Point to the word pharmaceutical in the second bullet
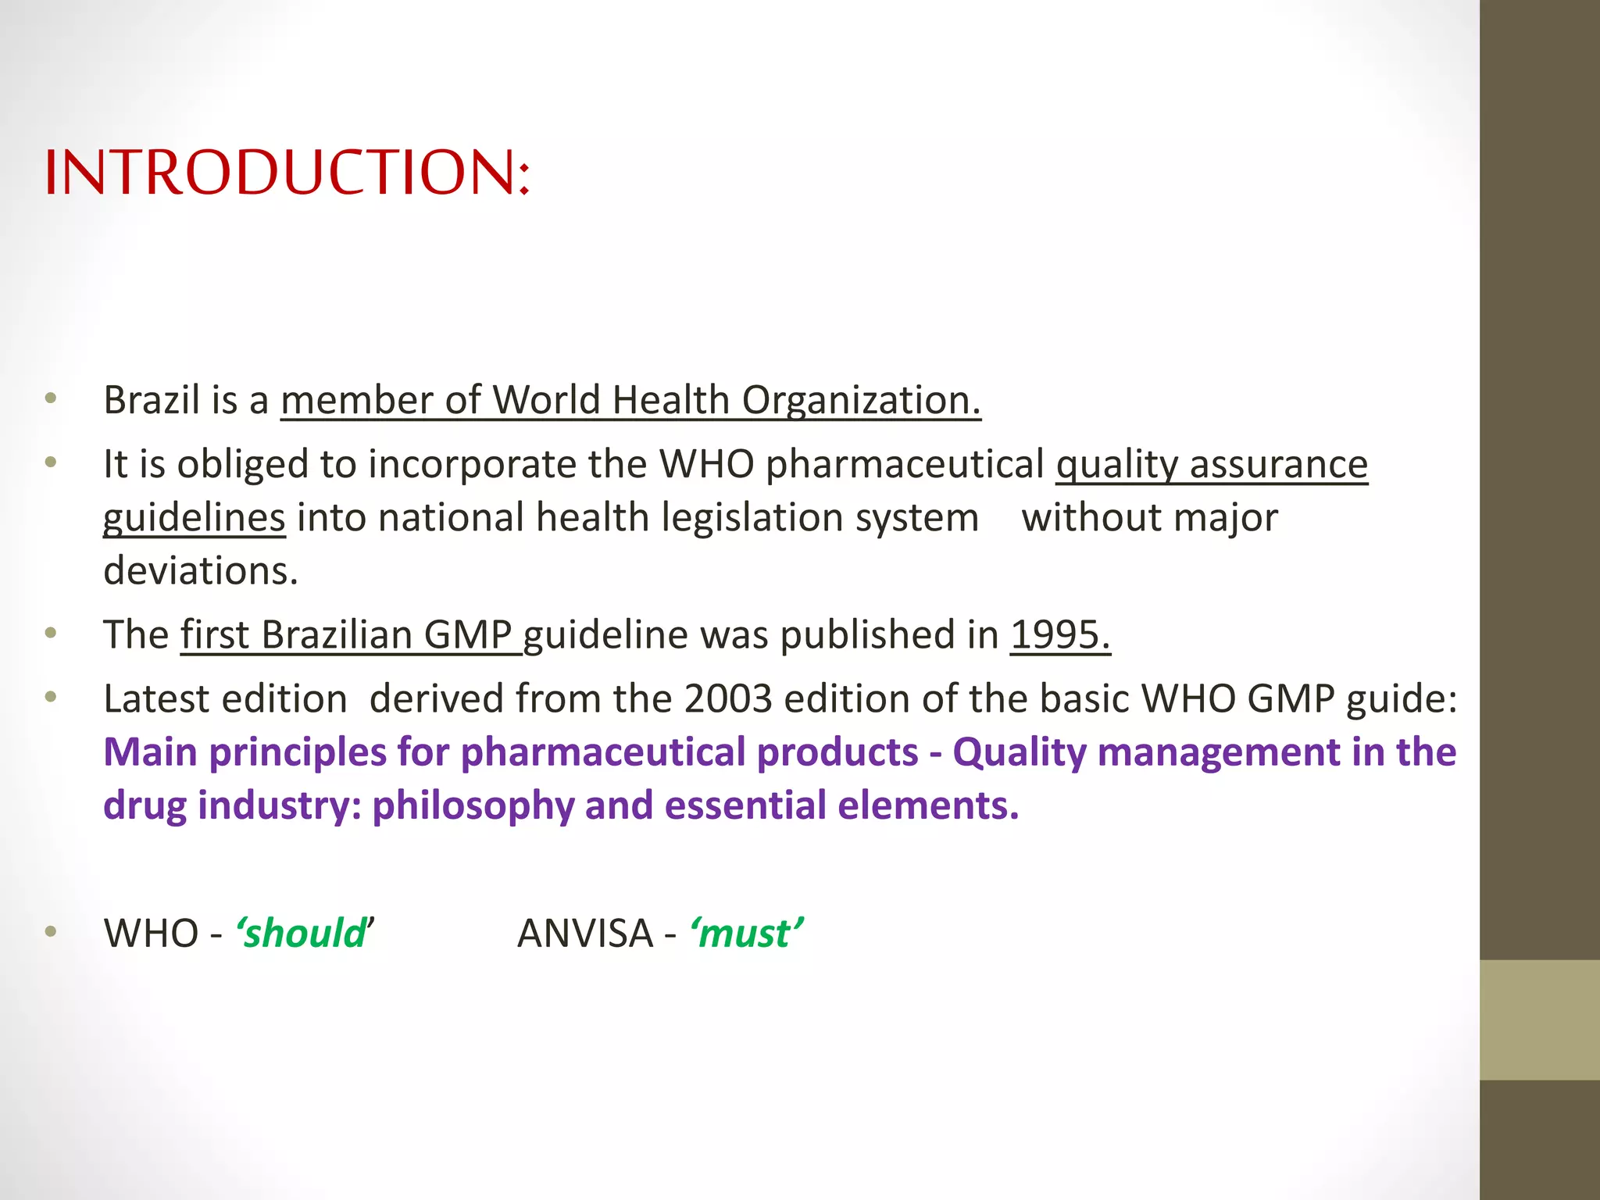905,464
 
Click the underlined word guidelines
194,518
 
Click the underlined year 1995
1060,634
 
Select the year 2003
728,698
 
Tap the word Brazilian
336,634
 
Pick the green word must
745,934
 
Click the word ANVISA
585,934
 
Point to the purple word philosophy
473,805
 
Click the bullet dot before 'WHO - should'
51,930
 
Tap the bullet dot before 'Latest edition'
51,696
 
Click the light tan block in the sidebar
1539,1020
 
